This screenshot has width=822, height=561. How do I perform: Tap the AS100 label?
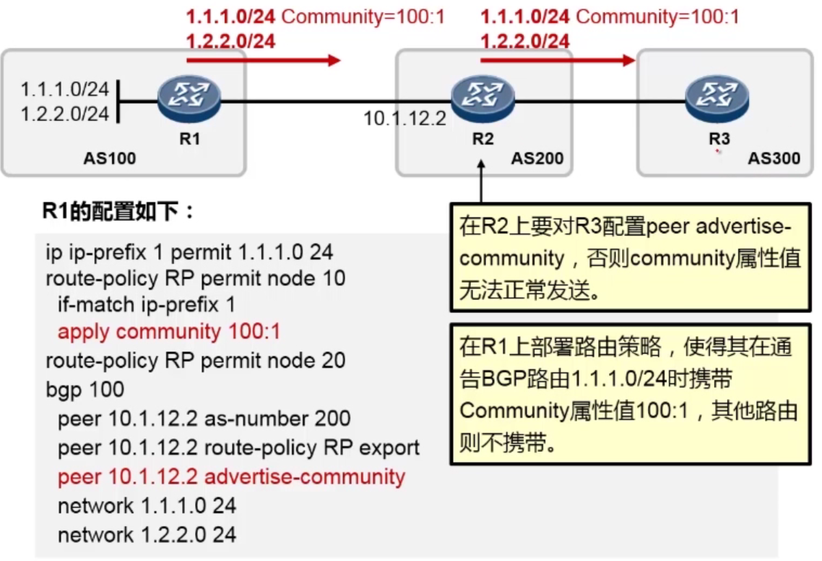click(x=110, y=158)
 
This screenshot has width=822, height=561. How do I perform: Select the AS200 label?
click(x=537, y=158)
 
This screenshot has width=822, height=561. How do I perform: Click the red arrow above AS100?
click(x=263, y=60)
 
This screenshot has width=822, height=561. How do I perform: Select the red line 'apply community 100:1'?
click(x=169, y=332)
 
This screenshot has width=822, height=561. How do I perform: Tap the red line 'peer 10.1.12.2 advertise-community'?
click(x=232, y=477)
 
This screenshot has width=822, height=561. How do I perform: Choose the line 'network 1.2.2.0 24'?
click(x=147, y=535)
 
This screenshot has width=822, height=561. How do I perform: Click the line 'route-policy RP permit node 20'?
click(x=196, y=361)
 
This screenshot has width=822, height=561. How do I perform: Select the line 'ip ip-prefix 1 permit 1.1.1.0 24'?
click(x=189, y=254)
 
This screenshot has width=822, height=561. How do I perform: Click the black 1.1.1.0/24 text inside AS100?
click(x=65, y=90)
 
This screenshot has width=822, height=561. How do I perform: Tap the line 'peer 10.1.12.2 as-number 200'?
click(x=204, y=419)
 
